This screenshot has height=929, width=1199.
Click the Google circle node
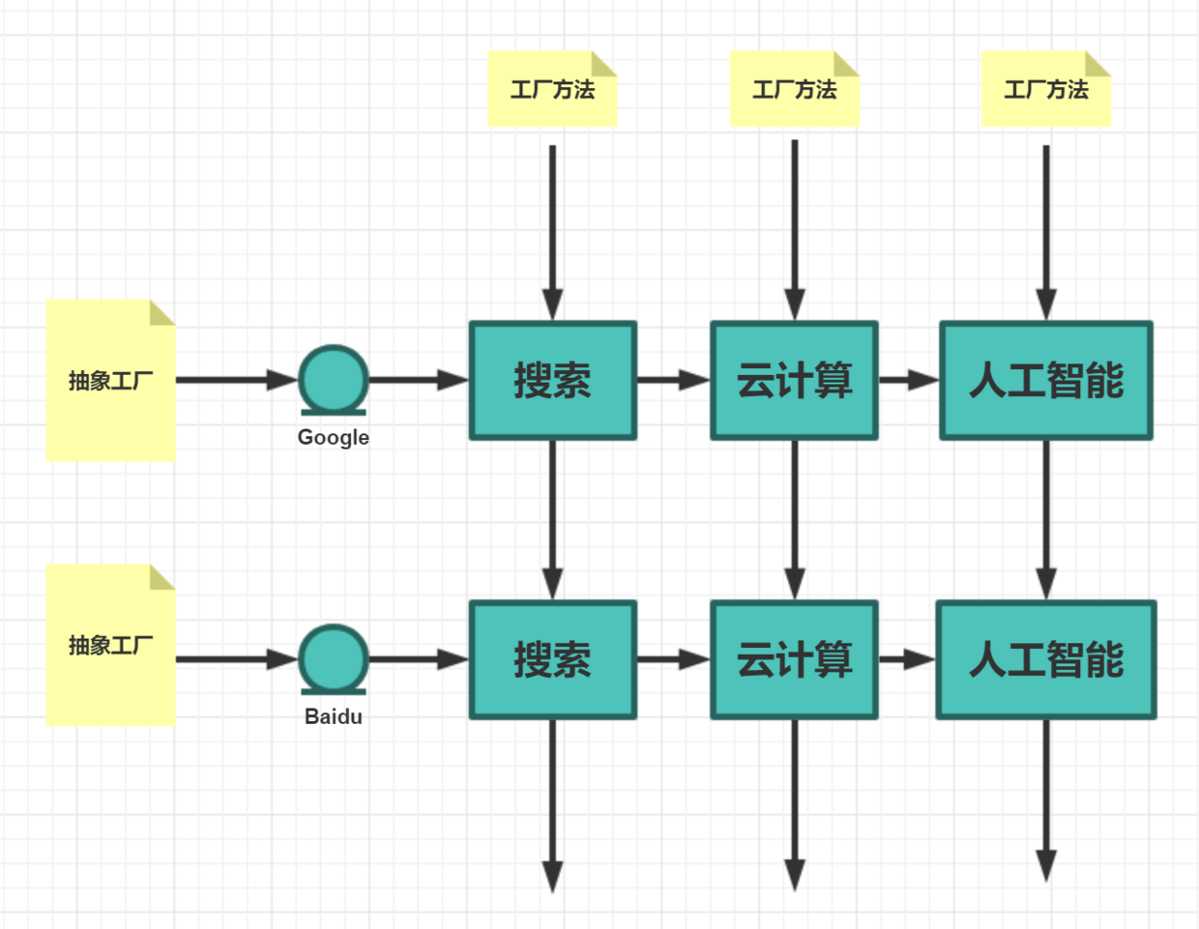pyautogui.click(x=334, y=379)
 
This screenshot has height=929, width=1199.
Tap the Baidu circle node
pyautogui.click(x=334, y=658)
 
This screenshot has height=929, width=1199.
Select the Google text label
pyautogui.click(x=334, y=437)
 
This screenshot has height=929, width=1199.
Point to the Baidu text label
pyautogui.click(x=334, y=716)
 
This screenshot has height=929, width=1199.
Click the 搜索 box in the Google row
pyautogui.click(x=553, y=380)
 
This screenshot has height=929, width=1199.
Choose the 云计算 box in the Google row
pyautogui.click(x=794, y=380)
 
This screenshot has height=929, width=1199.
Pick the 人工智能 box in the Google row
pyautogui.click(x=1046, y=380)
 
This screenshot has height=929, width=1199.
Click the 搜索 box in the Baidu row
pyautogui.click(x=553, y=659)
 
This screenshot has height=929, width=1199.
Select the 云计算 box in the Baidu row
pyautogui.click(x=794, y=659)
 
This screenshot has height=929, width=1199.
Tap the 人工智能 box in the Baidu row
pyautogui.click(x=1046, y=659)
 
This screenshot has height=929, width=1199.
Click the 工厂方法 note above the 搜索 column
pyautogui.click(x=552, y=89)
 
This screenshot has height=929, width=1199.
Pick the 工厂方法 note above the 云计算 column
pyautogui.click(x=794, y=89)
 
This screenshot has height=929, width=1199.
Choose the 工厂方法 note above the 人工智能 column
pyautogui.click(x=1046, y=89)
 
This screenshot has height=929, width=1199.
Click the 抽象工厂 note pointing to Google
pyautogui.click(x=111, y=380)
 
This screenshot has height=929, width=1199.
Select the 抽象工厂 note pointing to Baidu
pyautogui.click(x=111, y=645)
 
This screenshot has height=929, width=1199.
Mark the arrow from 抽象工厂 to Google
pyautogui.click(x=236, y=380)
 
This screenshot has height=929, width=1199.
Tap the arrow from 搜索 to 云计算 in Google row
pyautogui.click(x=673, y=380)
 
